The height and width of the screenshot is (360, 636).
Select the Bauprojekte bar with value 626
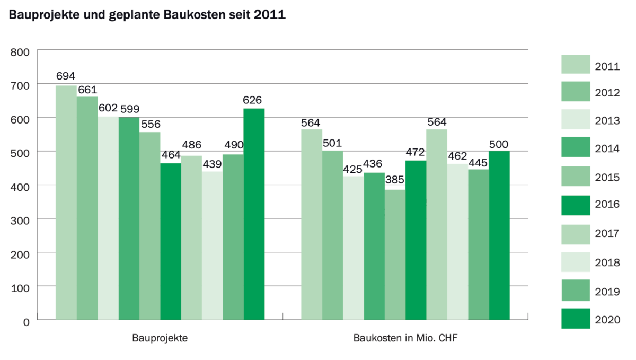(x=254, y=214)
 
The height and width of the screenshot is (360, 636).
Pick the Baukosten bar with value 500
(x=499, y=235)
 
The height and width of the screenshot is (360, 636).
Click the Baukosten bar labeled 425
(x=354, y=248)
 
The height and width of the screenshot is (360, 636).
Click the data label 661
(x=87, y=90)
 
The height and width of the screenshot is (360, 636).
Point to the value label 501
(x=332, y=144)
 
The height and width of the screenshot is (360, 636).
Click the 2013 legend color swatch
(x=575, y=120)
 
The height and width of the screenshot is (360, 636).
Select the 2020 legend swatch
(x=575, y=318)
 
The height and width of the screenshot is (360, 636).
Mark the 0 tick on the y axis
(x=26, y=321)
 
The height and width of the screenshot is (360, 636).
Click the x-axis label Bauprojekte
(x=159, y=338)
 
